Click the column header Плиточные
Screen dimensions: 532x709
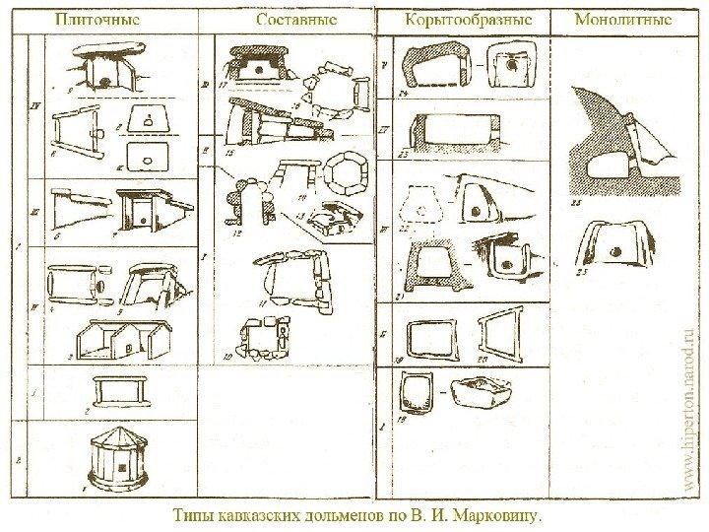97,19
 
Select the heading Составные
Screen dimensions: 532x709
296,19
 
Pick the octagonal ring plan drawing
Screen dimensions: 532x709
346,174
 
